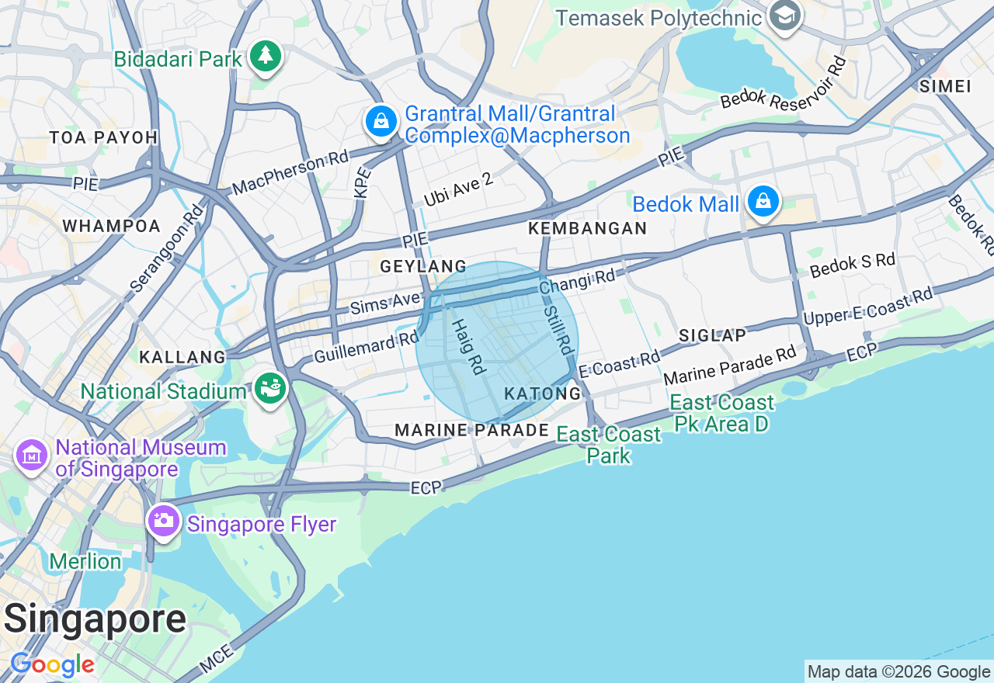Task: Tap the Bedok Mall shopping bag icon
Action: point(763,202)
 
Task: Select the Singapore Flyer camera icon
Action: point(163,522)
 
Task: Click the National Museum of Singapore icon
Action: point(32,455)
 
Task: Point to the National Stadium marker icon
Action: point(271,388)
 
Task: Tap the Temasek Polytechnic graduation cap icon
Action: point(785,16)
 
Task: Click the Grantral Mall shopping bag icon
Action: point(381,121)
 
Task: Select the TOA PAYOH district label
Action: point(103,138)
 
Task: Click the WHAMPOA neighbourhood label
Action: point(111,227)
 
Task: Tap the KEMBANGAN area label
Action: point(587,228)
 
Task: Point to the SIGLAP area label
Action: point(712,335)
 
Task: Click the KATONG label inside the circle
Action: point(543,394)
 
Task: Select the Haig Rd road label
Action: point(468,346)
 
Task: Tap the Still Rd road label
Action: point(561,328)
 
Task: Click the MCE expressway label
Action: point(215,661)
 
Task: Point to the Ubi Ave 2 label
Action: point(458,190)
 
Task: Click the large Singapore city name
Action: point(95,619)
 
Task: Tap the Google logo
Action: point(52,665)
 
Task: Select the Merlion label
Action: point(85,561)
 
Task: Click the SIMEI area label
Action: point(944,86)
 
